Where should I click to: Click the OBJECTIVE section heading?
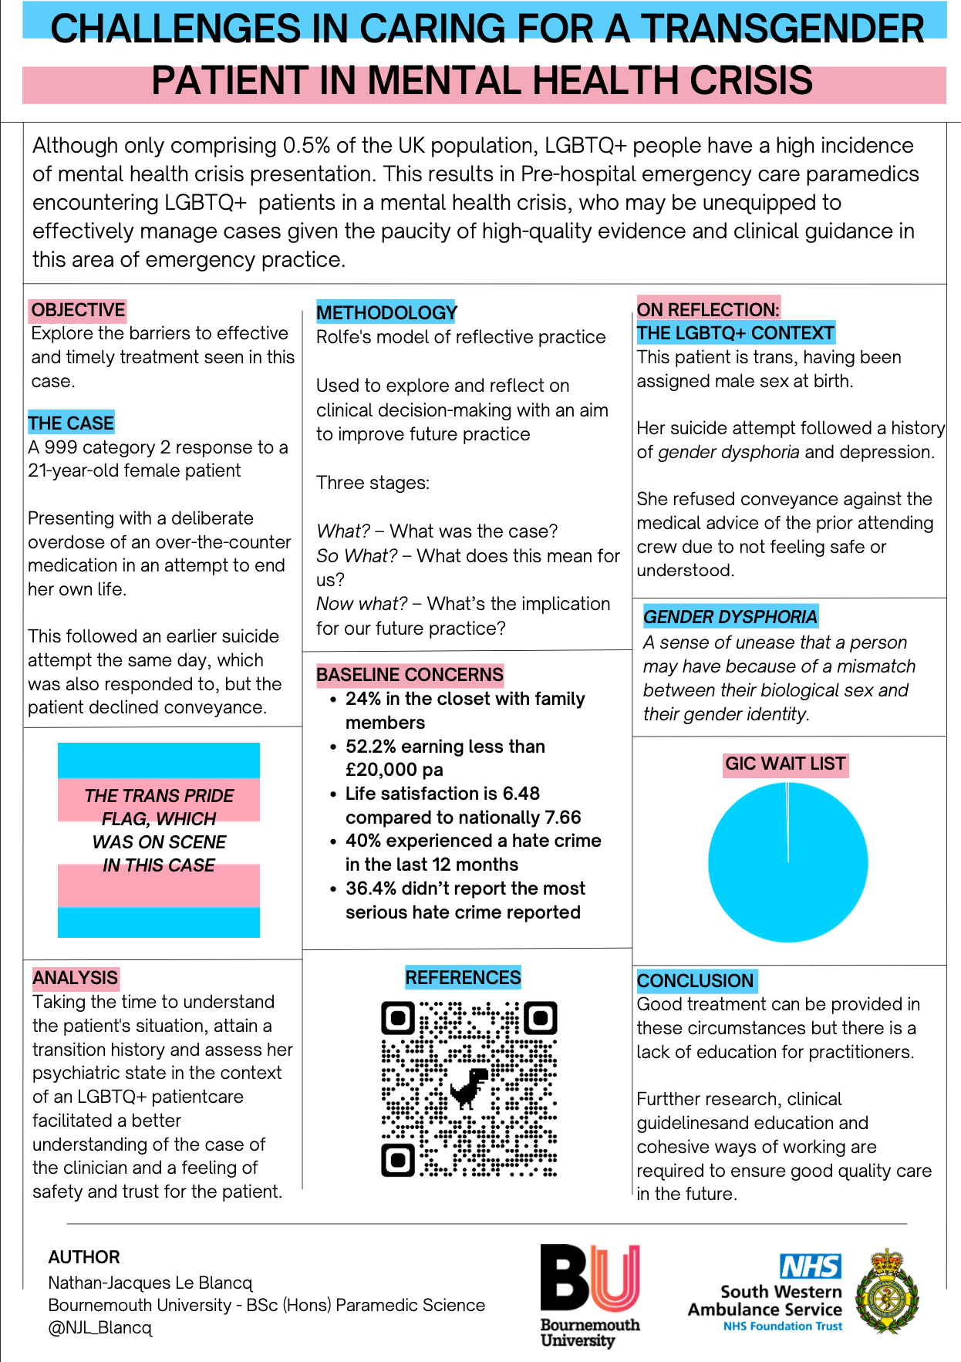pos(78,310)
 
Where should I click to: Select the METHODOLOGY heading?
pos(386,312)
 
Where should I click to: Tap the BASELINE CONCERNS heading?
pos(410,675)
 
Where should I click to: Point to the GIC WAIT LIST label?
pos(785,764)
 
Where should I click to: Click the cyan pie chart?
pos(787,862)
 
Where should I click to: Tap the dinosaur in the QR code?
pos(469,1087)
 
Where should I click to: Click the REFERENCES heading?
pos(463,978)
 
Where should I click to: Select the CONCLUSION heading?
pos(695,981)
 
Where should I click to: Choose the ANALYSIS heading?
pos(76,978)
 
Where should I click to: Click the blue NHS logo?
pos(811,1266)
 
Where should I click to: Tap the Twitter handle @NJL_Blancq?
pos(100,1328)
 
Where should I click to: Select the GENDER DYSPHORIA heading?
pos(730,617)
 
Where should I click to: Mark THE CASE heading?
pos(71,423)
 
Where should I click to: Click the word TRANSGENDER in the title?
pos(782,29)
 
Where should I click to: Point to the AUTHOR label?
pos(84,1257)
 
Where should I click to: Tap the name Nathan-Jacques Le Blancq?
pos(150,1283)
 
